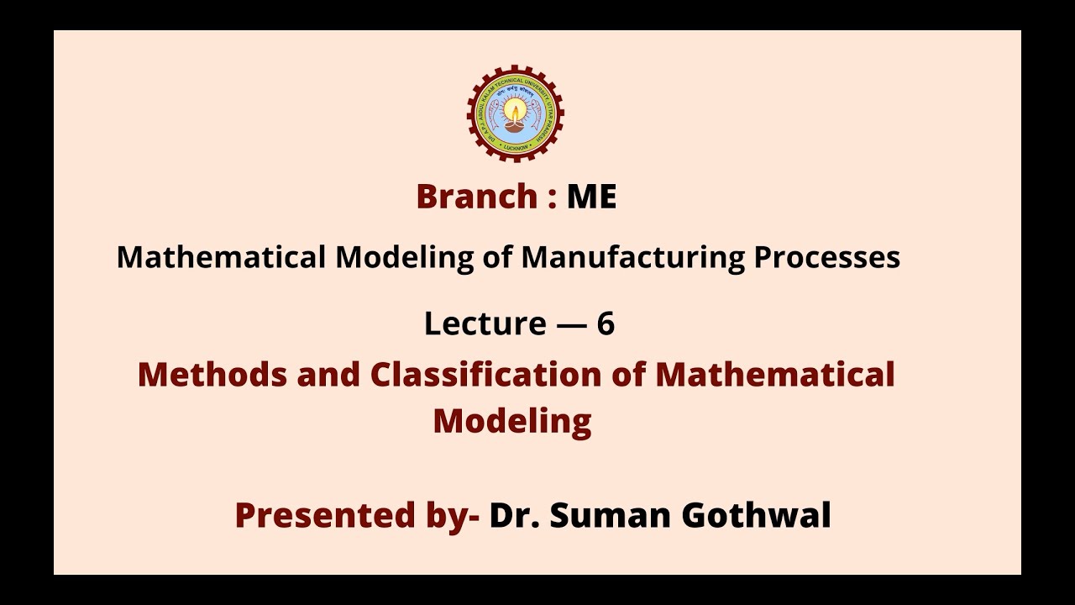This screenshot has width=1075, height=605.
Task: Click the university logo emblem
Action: (x=515, y=113)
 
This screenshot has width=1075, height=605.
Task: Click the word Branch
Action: (x=476, y=197)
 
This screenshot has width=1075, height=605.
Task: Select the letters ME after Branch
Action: (x=591, y=197)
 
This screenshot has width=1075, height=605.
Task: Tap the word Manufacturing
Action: (x=632, y=257)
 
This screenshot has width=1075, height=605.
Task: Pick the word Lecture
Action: (x=485, y=324)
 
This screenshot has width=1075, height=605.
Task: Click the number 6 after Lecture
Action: (x=606, y=324)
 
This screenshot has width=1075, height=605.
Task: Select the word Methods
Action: (x=212, y=374)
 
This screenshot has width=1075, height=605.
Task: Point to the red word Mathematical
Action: (x=775, y=374)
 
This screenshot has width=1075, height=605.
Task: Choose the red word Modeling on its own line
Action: (x=512, y=421)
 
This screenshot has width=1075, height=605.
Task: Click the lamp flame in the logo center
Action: (x=515, y=111)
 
